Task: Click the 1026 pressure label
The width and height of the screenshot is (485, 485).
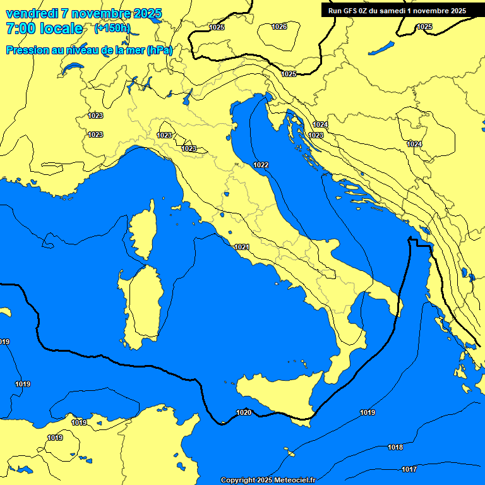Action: [279, 27]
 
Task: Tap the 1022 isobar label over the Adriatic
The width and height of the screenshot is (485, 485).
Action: [261, 165]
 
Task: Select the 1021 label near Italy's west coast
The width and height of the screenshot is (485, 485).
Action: [241, 247]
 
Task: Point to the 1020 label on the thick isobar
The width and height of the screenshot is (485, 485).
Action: [244, 412]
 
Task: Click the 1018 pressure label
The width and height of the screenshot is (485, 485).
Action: [395, 447]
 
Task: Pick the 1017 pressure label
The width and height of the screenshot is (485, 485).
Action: [409, 469]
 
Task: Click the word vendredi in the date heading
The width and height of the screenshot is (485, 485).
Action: [31, 13]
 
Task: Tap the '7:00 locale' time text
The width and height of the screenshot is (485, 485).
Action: [44, 28]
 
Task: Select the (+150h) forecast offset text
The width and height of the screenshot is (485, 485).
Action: [112, 28]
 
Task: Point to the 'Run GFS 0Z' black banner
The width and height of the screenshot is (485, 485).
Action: [397, 11]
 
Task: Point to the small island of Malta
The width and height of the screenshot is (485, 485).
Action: [291, 452]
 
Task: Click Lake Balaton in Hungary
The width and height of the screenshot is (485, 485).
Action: [381, 49]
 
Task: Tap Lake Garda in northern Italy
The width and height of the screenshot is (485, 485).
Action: [188, 97]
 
